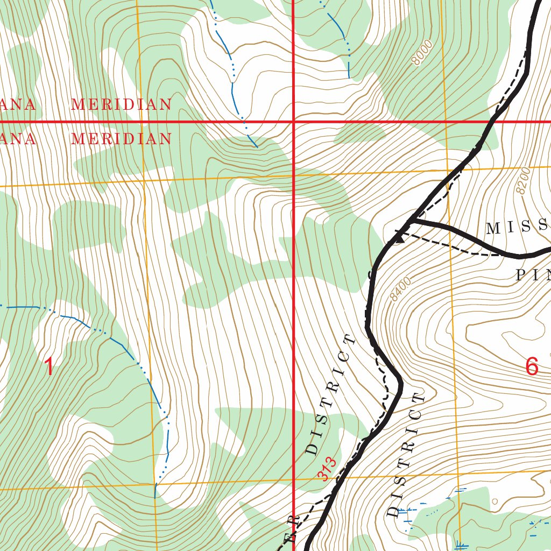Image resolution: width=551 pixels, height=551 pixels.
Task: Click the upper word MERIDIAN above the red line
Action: [x=121, y=104]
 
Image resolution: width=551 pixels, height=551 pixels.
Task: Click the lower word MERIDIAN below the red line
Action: [x=121, y=139]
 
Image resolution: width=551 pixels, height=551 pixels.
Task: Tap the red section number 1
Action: [x=48, y=368]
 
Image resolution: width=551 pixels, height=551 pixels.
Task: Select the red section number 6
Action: [x=532, y=367]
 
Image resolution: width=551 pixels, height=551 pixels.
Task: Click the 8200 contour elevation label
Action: [x=522, y=181]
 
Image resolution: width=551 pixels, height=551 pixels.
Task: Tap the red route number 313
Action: [x=327, y=469]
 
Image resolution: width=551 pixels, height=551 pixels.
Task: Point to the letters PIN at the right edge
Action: [x=533, y=275]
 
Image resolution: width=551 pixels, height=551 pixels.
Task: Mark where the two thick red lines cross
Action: [x=293, y=122]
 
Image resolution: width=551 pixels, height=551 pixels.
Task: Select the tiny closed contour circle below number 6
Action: [x=495, y=501]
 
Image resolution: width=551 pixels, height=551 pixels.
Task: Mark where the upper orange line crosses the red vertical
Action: [x=293, y=175]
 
